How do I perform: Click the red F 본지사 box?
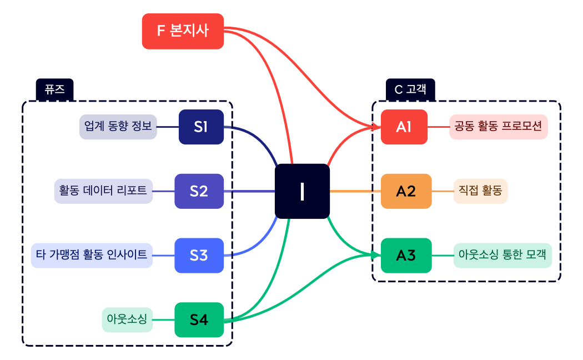pos(183,31)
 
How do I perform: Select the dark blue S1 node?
pos(201,127)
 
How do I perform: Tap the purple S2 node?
pos(199,191)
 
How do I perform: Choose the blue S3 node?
pos(199,256)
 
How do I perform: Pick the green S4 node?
pos(199,319)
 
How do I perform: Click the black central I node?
pos(302,191)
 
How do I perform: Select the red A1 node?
pos(404,127)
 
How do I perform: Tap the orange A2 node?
pos(406,191)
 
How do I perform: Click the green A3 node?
pos(406,256)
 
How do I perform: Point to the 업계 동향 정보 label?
pos(118,127)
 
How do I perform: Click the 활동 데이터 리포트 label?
pos(103,191)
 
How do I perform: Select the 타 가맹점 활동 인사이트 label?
pos(92,256)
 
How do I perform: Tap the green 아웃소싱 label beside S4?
pos(127,319)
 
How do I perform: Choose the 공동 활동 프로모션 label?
pos(498,127)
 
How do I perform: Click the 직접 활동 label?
pos(480,191)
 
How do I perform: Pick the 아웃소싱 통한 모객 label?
pos(502,256)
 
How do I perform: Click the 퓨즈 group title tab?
pos(55,89)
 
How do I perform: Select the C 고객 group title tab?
pos(410,89)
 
